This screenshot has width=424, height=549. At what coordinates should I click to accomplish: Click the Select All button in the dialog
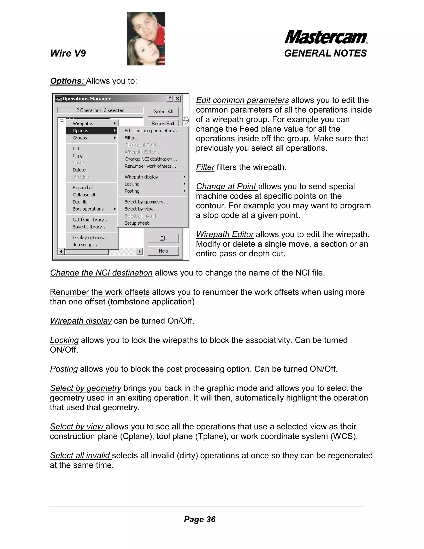tap(163, 111)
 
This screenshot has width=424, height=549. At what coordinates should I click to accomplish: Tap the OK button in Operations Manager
tap(163, 238)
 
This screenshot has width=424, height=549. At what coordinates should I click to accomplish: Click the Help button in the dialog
tap(163, 251)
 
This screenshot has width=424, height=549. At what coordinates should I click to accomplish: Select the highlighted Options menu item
tap(91, 131)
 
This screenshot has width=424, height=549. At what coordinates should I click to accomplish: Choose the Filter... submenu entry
tap(132, 138)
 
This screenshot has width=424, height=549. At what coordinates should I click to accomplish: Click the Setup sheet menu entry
tap(137, 223)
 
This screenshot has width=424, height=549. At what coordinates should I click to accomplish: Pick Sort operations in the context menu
tap(88, 209)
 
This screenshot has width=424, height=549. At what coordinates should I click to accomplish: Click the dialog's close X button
tap(177, 99)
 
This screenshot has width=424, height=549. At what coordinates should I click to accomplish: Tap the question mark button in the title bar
tap(170, 99)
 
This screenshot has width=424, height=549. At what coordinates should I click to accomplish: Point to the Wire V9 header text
tap(68, 53)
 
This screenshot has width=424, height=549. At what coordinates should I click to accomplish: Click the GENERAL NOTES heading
tap(325, 53)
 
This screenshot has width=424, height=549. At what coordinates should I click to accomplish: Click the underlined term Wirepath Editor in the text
tap(225, 234)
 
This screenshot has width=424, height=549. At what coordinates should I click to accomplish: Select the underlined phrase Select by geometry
tap(86, 388)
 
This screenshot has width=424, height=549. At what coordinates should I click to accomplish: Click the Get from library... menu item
tap(91, 220)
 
